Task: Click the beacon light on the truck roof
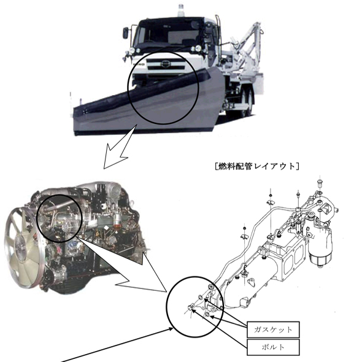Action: pyautogui.click(x=181, y=10)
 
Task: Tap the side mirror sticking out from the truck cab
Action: pyautogui.click(x=125, y=33)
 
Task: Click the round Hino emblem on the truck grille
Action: pyautogui.click(x=165, y=64)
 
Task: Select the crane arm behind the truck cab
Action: pyautogui.click(x=248, y=46)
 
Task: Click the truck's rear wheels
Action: pyautogui.click(x=247, y=102)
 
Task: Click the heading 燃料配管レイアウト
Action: pyautogui.click(x=256, y=166)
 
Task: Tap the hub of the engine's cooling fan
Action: pyautogui.click(x=20, y=246)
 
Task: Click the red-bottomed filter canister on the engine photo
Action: pyautogui.click(x=118, y=219)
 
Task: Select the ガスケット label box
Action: pyautogui.click(x=273, y=329)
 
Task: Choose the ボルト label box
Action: pyautogui.click(x=273, y=347)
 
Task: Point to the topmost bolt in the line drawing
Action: pyautogui.click(x=320, y=182)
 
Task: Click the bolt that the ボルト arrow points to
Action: pyautogui.click(x=191, y=307)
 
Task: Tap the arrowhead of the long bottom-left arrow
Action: pyautogui.click(x=171, y=329)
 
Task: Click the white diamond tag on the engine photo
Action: pyautogui.click(x=106, y=228)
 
